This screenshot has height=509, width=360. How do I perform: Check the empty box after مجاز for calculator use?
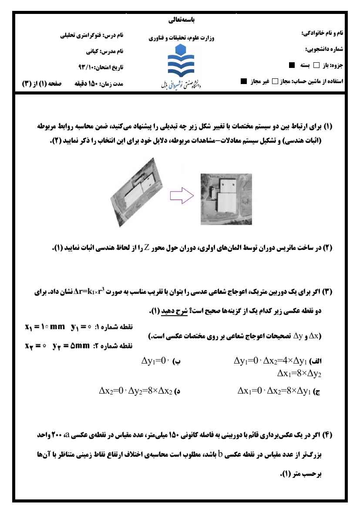[275, 81]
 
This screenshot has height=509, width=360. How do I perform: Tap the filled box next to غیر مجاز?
[244, 81]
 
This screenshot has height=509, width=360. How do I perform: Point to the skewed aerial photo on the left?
[138, 196]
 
